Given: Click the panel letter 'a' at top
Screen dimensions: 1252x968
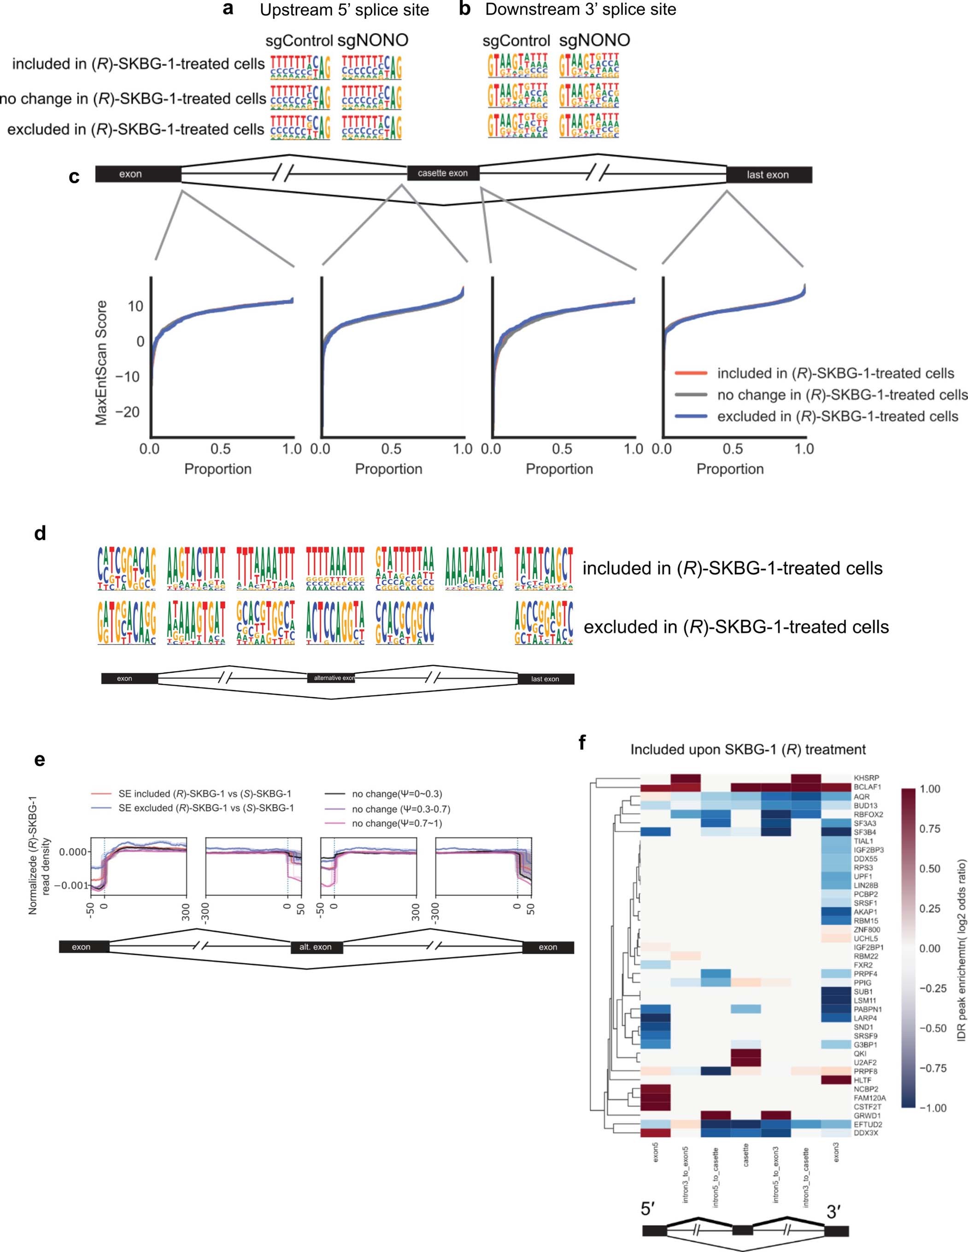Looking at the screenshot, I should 228,10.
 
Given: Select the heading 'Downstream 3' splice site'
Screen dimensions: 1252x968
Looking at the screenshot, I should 580,10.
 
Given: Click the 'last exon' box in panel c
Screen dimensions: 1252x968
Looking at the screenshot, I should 768,175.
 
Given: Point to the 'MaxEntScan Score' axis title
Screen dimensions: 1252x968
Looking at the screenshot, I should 101,363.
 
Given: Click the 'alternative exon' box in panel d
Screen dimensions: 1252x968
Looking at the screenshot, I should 333,678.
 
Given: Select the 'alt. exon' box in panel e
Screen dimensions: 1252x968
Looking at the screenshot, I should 316,947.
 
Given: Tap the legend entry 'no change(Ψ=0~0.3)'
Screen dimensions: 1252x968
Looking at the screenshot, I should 397,794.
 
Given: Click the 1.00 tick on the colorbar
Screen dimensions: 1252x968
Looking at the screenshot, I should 930,789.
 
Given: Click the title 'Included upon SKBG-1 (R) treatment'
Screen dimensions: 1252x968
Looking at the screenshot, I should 748,749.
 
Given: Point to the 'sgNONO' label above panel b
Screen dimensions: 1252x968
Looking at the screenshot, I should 594,40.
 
